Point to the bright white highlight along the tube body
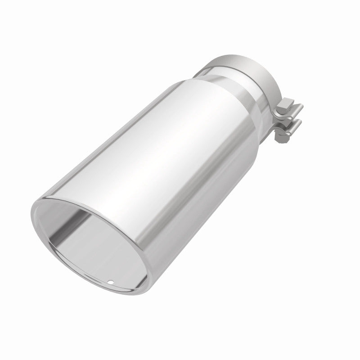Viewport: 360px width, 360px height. point(148,148)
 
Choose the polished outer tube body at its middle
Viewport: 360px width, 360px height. point(171,162)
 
